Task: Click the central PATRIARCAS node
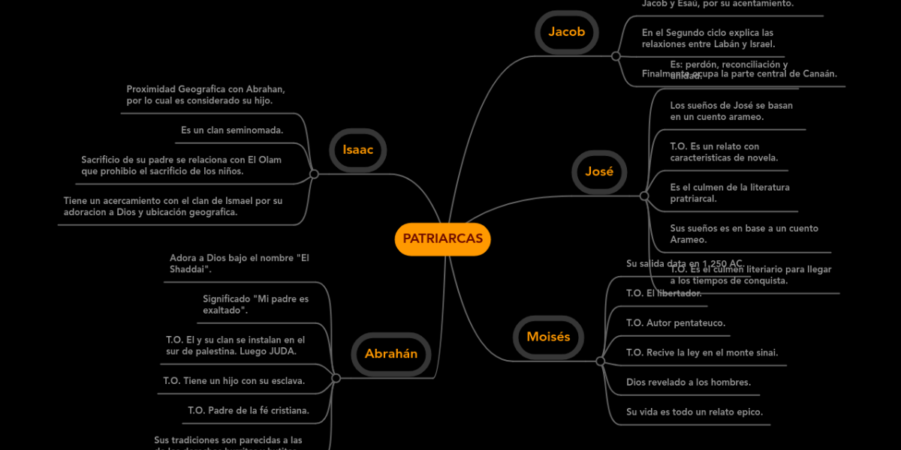pyautogui.click(x=442, y=239)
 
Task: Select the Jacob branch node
pyautogui.click(x=566, y=31)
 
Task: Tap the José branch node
pyautogui.click(x=599, y=172)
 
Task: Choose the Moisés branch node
pyautogui.click(x=548, y=337)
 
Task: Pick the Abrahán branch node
pyautogui.click(x=391, y=354)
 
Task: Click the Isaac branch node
pyautogui.click(x=357, y=149)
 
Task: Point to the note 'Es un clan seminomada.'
pyautogui.click(x=232, y=130)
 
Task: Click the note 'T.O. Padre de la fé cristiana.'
pyautogui.click(x=249, y=410)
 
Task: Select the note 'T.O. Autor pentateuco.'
pyautogui.click(x=676, y=323)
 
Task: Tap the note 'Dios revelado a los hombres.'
pyautogui.click(x=689, y=382)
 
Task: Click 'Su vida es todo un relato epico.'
pyautogui.click(x=695, y=412)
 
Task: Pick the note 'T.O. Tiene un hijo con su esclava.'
pyautogui.click(x=234, y=381)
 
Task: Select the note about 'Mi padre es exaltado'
pyautogui.click(x=255, y=304)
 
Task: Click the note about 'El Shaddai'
pyautogui.click(x=240, y=263)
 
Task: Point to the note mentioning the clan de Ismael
pyautogui.click(x=173, y=206)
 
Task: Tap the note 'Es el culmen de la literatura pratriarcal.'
pyautogui.click(x=730, y=193)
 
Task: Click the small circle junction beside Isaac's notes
pyautogui.click(x=314, y=174)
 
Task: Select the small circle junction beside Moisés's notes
pyautogui.click(x=600, y=361)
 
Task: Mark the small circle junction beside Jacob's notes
pyautogui.click(x=616, y=56)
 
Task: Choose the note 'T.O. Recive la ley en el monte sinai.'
pyautogui.click(x=702, y=352)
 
